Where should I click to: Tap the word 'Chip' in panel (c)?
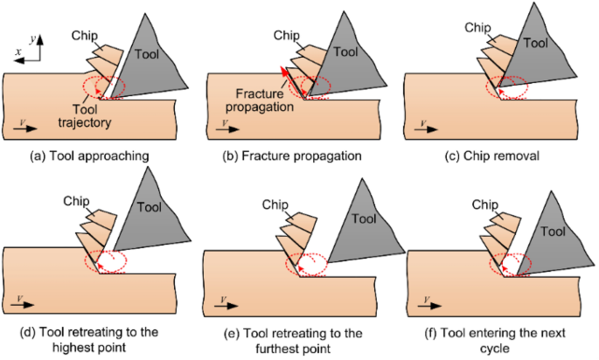click(x=477, y=27)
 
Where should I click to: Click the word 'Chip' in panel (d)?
click(x=78, y=202)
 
